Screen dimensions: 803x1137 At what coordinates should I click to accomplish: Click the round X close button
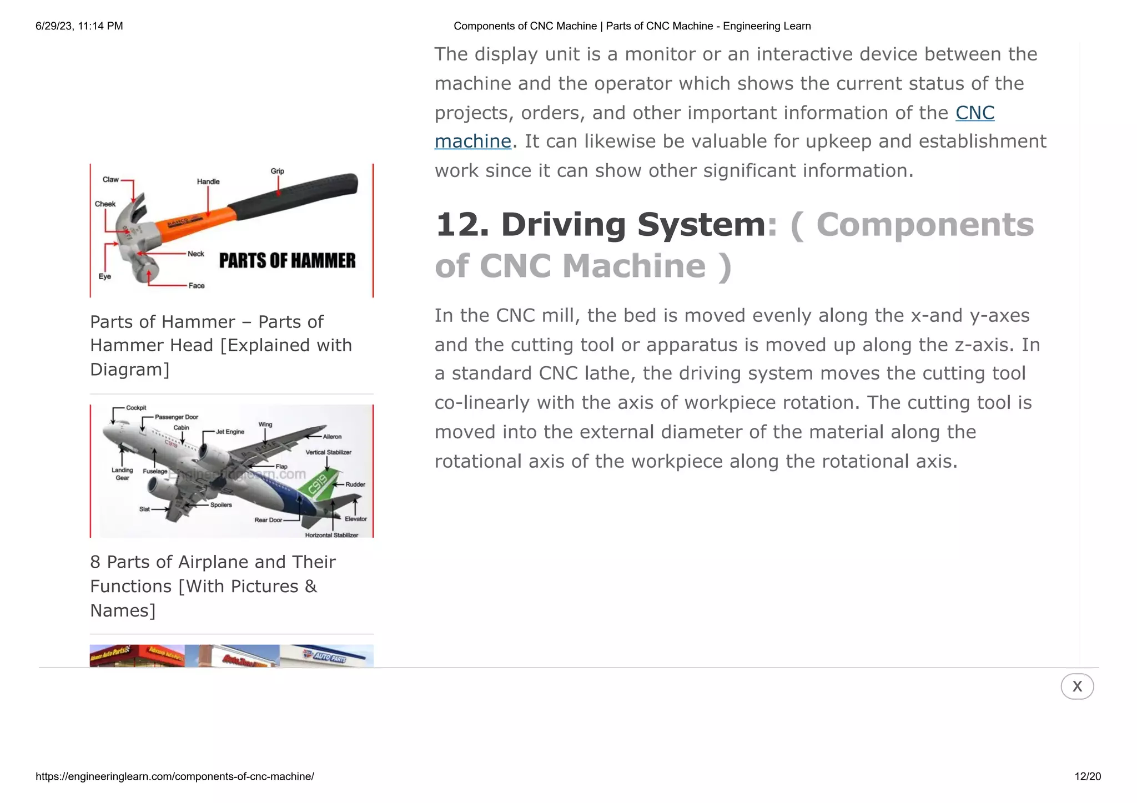tap(1076, 686)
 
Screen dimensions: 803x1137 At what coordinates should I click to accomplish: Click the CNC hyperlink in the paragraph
tap(974, 113)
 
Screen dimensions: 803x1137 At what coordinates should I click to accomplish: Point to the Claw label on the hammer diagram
tap(110, 180)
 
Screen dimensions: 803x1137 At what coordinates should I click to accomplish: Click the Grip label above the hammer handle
tap(277, 171)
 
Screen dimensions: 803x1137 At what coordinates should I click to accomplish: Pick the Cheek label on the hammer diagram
tap(105, 204)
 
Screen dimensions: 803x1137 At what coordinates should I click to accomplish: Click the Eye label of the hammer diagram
tap(104, 276)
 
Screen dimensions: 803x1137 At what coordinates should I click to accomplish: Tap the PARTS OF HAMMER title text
tap(287, 261)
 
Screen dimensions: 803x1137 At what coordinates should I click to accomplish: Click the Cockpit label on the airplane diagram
tap(136, 408)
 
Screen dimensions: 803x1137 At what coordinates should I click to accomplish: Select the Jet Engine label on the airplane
tap(230, 432)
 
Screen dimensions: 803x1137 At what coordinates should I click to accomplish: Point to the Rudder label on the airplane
tap(355, 484)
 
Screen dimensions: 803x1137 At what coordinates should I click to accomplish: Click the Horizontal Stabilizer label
tap(331, 535)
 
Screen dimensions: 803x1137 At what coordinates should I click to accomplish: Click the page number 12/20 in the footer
tap(1087, 776)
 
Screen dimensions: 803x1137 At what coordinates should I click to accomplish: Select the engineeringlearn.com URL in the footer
tap(175, 776)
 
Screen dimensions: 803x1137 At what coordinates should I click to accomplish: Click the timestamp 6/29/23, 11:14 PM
tap(79, 26)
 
